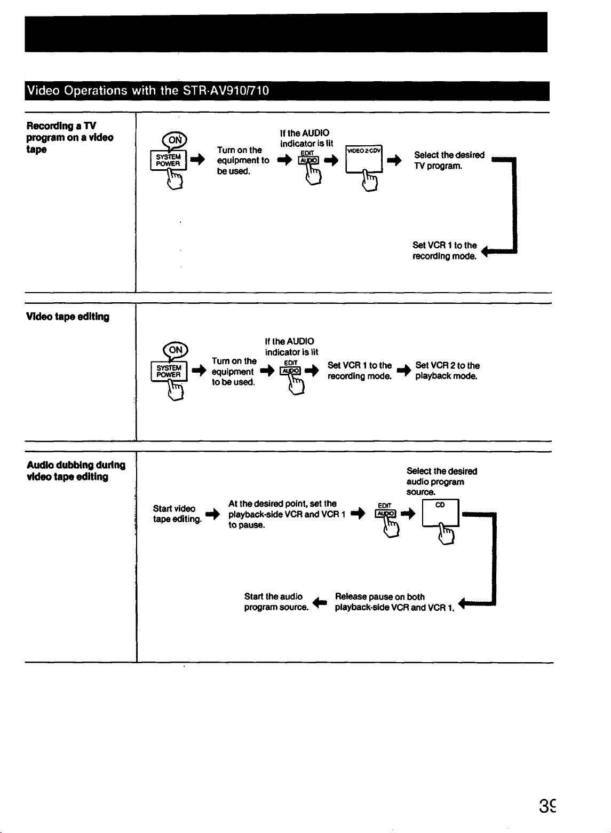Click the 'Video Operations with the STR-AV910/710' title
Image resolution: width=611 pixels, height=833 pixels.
tap(148, 90)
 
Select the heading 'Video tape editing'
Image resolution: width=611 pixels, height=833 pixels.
tap(68, 317)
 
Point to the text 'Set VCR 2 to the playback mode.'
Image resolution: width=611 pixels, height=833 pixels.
tap(447, 371)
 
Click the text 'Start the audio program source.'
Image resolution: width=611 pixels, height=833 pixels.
tap(276, 601)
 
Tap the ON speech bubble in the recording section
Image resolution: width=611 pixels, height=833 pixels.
tap(174, 140)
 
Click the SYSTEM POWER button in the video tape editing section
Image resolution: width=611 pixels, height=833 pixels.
tap(169, 371)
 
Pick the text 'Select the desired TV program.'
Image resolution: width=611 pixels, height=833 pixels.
tap(449, 160)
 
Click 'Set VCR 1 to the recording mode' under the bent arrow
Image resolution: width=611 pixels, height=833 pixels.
tap(445, 250)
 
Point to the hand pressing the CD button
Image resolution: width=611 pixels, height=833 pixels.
tap(446, 533)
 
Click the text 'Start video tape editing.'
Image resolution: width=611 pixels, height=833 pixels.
tap(177, 514)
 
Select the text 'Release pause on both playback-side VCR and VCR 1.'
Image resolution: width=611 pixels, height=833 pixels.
tap(394, 602)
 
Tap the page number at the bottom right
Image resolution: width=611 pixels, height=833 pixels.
tap(547, 806)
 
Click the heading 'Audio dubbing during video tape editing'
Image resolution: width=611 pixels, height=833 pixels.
tap(76, 471)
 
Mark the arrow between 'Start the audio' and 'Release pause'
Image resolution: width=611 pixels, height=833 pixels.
tap(320, 602)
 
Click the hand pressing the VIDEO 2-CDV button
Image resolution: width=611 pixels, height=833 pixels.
tap(370, 180)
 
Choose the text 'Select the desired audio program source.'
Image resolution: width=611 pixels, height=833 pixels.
tap(441, 481)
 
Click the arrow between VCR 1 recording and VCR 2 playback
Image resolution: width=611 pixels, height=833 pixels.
tap(403, 371)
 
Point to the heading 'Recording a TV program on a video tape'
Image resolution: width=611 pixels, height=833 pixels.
tap(69, 137)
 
